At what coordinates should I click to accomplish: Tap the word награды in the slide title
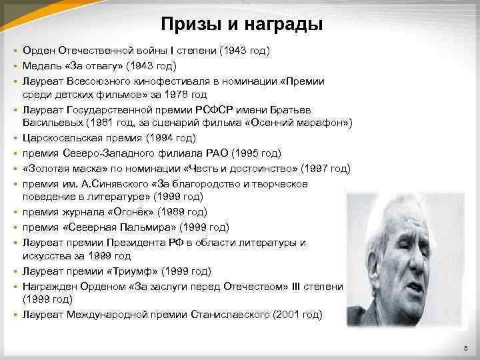pos(285,25)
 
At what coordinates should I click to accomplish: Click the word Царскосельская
pos(70,138)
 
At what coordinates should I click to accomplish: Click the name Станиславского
pos(229,313)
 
